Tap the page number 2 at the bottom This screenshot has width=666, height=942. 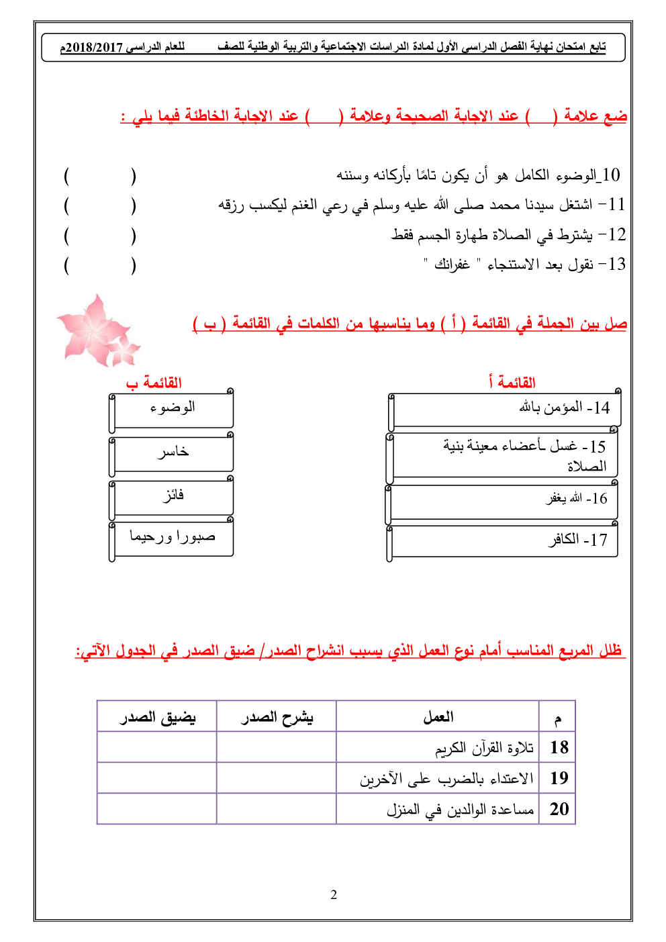tap(334, 894)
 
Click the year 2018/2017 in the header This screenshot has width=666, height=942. tap(91, 48)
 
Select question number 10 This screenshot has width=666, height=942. tap(610, 175)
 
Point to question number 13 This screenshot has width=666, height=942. tap(616, 264)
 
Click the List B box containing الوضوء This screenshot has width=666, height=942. tap(172, 410)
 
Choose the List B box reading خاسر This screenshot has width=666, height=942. tap(172, 453)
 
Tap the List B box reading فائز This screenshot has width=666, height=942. tap(172, 497)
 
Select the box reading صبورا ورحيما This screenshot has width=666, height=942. tap(172, 538)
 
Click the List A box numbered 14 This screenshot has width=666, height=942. tap(505, 409)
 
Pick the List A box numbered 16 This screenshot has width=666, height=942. tap(502, 500)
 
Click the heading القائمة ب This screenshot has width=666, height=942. tap(154, 383)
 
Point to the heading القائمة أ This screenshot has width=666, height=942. tap(512, 383)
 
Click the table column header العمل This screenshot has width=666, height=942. tap(438, 717)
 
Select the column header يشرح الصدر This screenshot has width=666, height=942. tap(277, 717)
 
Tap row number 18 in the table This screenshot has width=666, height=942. tap(559, 747)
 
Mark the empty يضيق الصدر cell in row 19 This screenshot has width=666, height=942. tap(157, 778)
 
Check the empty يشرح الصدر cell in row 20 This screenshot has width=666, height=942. tap(277, 809)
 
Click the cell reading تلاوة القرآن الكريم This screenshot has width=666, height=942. tap(484, 748)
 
